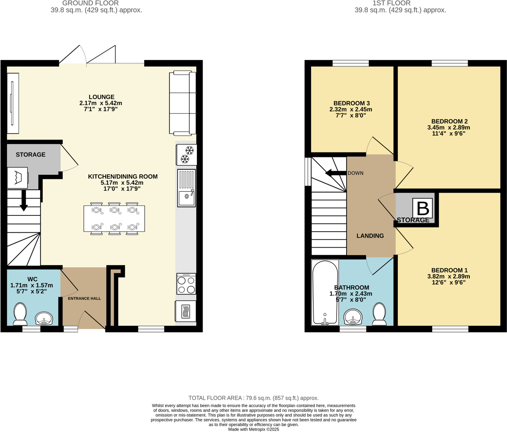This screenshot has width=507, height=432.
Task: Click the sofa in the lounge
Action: (182, 103)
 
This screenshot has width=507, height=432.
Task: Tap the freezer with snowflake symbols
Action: (187, 154)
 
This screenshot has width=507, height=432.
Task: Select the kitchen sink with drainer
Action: (187, 188)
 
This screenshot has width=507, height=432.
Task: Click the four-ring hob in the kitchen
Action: (186, 284)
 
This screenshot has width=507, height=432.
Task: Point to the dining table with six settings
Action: (114, 219)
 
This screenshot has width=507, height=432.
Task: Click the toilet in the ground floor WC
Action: (20, 314)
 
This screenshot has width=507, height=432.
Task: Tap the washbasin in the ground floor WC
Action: (44, 319)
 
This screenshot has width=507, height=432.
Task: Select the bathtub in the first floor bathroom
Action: (325, 292)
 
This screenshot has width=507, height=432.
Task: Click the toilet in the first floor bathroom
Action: (379, 314)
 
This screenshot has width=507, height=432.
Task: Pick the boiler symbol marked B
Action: (423, 208)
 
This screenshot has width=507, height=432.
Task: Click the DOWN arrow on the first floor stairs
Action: (336, 173)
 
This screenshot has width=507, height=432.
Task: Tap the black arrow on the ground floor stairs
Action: (24, 200)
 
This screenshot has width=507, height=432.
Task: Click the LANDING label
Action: (370, 236)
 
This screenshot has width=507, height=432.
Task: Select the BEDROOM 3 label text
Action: (352, 103)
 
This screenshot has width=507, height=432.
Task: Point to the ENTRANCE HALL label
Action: (84, 298)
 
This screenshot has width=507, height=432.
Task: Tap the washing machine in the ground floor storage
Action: (17, 178)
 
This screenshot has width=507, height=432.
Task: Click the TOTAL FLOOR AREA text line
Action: (253, 398)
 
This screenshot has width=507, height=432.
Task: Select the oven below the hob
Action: (186, 311)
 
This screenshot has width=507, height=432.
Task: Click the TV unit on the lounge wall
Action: (13, 103)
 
